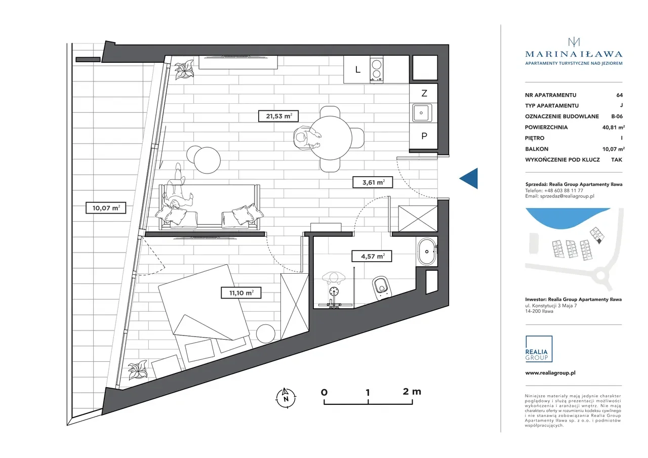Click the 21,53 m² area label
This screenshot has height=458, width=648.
tap(278, 116)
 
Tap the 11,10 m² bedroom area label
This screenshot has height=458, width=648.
tap(241, 293)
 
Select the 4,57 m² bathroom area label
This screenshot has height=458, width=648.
tap(372, 256)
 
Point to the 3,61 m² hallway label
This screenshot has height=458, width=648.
tap(373, 183)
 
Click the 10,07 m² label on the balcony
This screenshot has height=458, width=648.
tap(106, 208)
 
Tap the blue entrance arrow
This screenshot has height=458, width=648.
tap(469, 179)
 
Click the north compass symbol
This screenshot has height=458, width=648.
tap(286, 398)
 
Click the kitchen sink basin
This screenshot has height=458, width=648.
tap(421, 113)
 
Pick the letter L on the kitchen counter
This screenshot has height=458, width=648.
tap(358, 70)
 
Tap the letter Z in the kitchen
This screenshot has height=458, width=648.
tap(424, 94)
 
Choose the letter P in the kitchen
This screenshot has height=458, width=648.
tap(424, 136)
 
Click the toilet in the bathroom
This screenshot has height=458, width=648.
tap(382, 287)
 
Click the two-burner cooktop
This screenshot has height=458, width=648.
tap(376, 69)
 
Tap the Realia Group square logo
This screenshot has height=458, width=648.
tap(539, 349)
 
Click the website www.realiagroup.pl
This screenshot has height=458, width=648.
tap(550, 373)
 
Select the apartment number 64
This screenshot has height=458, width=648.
tap(619, 95)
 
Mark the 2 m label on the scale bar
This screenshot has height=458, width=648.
tap(412, 392)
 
